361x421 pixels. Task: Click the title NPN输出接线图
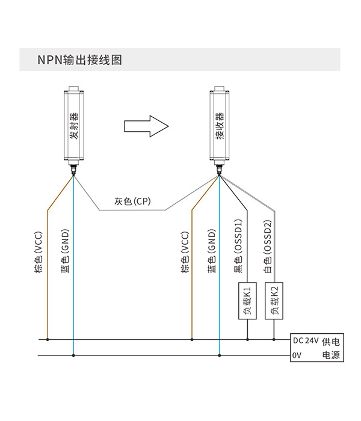[x=80, y=60]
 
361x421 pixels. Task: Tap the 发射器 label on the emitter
[x=74, y=126]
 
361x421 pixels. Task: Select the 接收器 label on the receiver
[x=220, y=126]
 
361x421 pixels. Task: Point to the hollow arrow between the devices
[x=146, y=126]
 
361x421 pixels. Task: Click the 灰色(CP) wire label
[x=133, y=201]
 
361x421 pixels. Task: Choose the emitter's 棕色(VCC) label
[x=39, y=253]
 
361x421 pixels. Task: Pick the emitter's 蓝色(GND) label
[x=65, y=251]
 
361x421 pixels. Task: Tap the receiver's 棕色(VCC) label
[x=185, y=253]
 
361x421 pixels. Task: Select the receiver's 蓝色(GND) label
[x=211, y=251]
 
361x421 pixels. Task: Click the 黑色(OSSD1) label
[x=238, y=246]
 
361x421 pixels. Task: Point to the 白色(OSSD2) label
[x=268, y=247]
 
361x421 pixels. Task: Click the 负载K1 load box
[x=247, y=301]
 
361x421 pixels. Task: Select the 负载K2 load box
[x=274, y=301]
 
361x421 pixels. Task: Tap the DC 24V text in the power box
[x=306, y=341]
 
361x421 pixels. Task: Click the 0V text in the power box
[x=297, y=355]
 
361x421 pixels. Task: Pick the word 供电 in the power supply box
[x=331, y=342]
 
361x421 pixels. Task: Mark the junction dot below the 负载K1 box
[x=247, y=340]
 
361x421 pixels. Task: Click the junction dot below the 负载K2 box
[x=274, y=340]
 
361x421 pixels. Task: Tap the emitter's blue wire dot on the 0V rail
[x=73, y=355]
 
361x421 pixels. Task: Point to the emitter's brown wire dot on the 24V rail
[x=48, y=340]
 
